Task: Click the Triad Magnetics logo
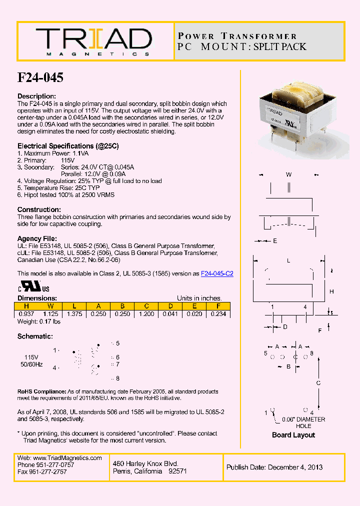(x=93, y=41)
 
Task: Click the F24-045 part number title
(x=40, y=77)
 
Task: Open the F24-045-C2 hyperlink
(x=217, y=273)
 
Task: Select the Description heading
(x=36, y=96)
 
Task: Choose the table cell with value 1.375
(x=74, y=314)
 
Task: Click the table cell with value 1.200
(x=146, y=314)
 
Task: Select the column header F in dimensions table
(x=218, y=306)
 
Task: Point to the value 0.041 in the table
(x=170, y=314)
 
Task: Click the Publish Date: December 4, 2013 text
(x=274, y=467)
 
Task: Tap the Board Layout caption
(x=293, y=435)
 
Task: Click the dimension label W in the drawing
(x=288, y=174)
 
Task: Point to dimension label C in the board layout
(x=318, y=383)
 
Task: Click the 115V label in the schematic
(x=31, y=357)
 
